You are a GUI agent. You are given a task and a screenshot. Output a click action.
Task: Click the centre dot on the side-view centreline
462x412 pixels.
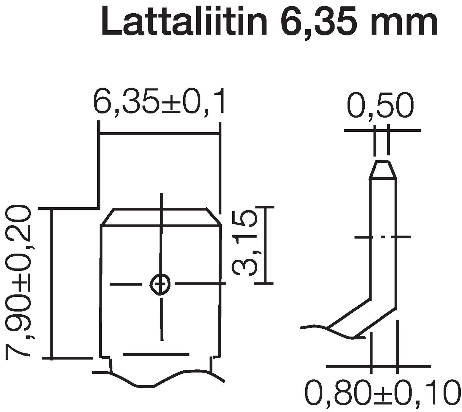tap(383, 237)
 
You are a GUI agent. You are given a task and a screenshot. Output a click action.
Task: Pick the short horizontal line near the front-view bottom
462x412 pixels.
tap(156, 355)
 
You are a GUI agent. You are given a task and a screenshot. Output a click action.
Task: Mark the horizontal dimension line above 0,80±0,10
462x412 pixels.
tap(378, 366)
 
